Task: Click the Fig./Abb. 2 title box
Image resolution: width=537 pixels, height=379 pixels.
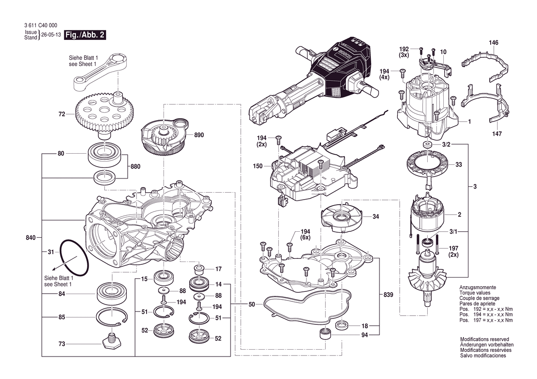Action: click(x=85, y=35)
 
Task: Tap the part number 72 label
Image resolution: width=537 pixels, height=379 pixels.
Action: click(x=62, y=114)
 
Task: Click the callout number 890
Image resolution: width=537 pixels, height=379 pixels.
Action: click(x=198, y=135)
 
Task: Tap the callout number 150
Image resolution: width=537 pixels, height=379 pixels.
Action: click(x=258, y=166)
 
